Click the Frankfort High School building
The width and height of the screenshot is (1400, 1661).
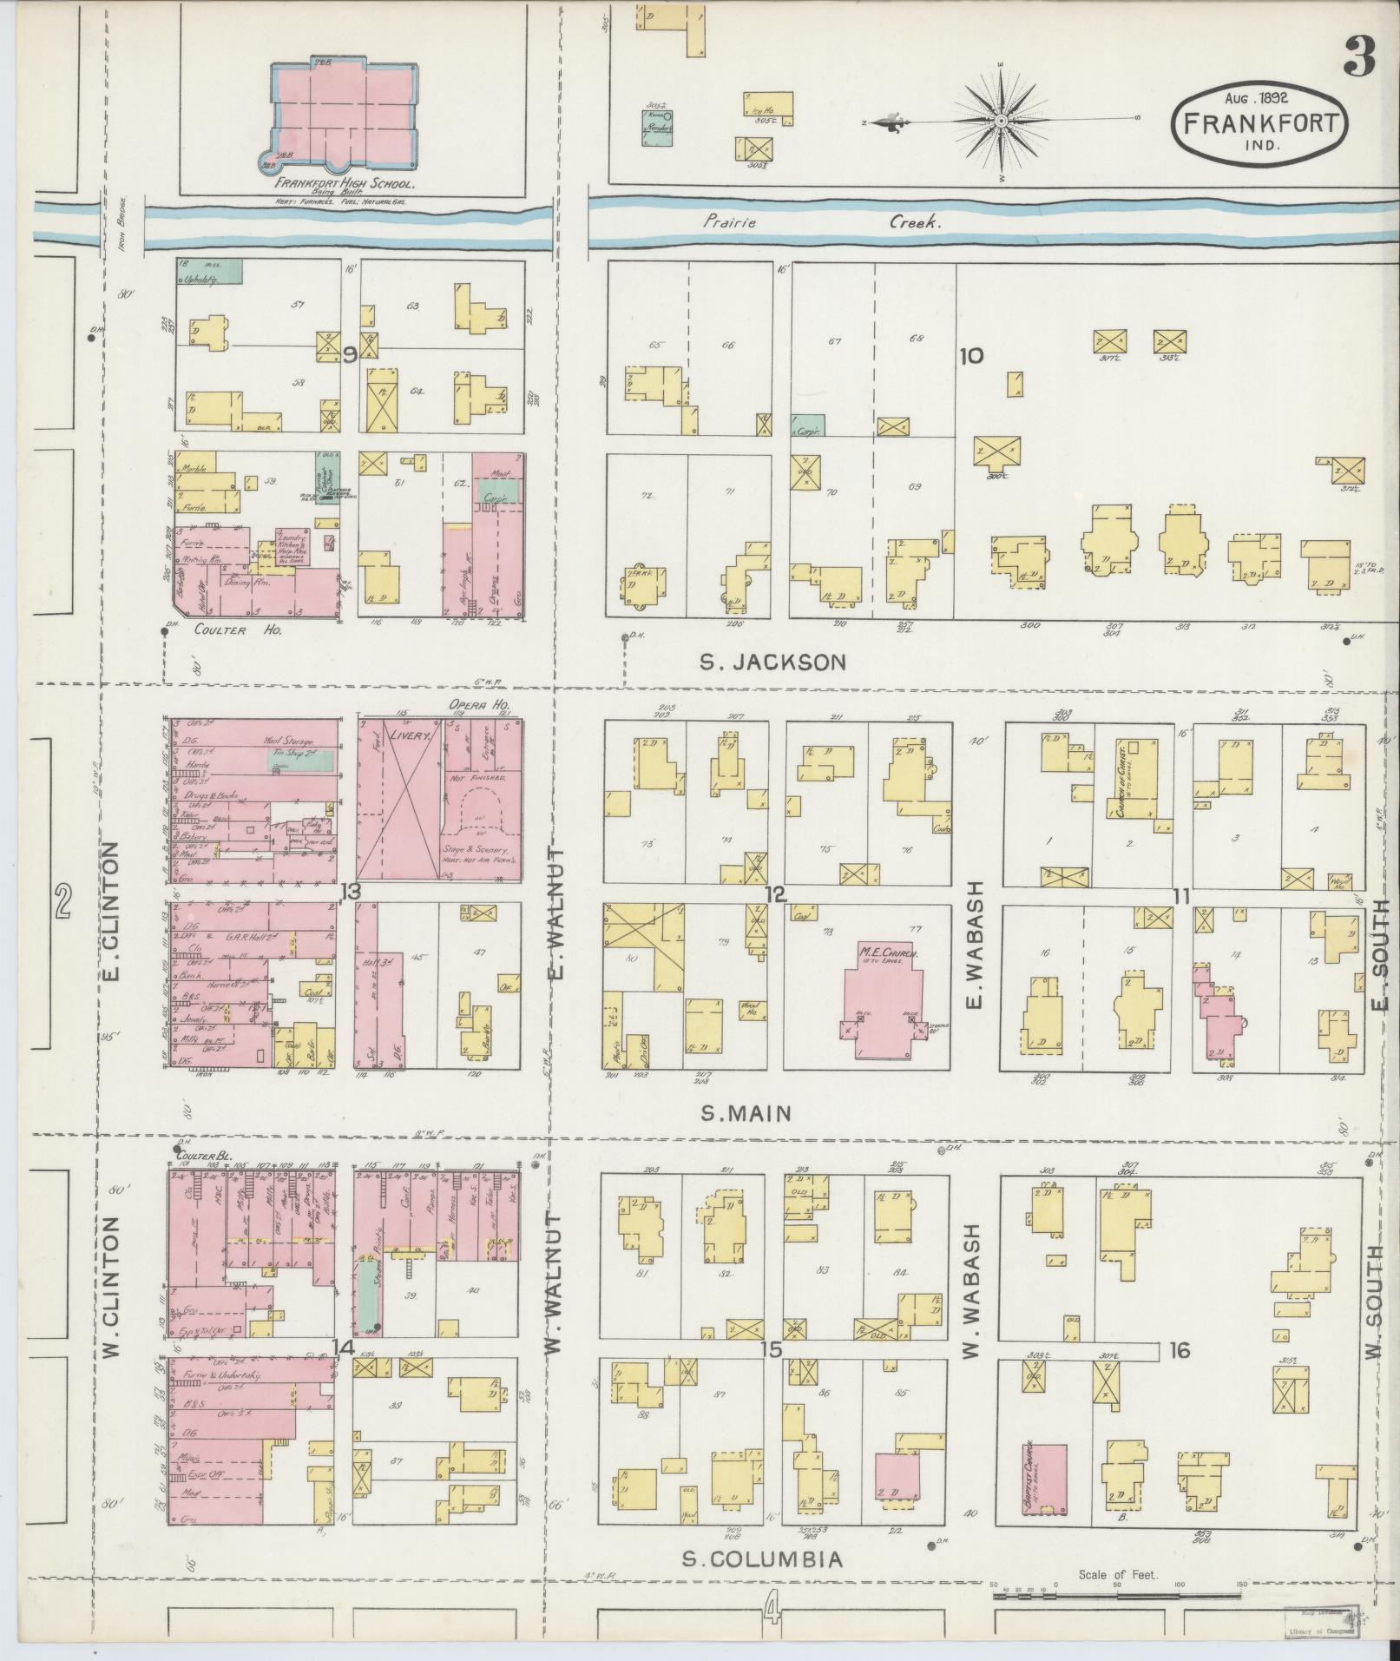tap(345, 113)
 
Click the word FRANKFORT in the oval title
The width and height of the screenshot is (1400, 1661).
tap(1260, 123)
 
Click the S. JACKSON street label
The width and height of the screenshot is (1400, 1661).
tap(772, 662)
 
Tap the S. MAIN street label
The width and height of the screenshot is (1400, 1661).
tap(746, 1113)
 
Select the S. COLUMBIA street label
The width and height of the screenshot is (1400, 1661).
tap(761, 1559)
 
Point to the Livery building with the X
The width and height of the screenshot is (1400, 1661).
tap(398, 799)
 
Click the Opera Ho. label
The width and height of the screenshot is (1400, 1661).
tap(478, 705)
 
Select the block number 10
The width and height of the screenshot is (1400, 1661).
tap(971, 355)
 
